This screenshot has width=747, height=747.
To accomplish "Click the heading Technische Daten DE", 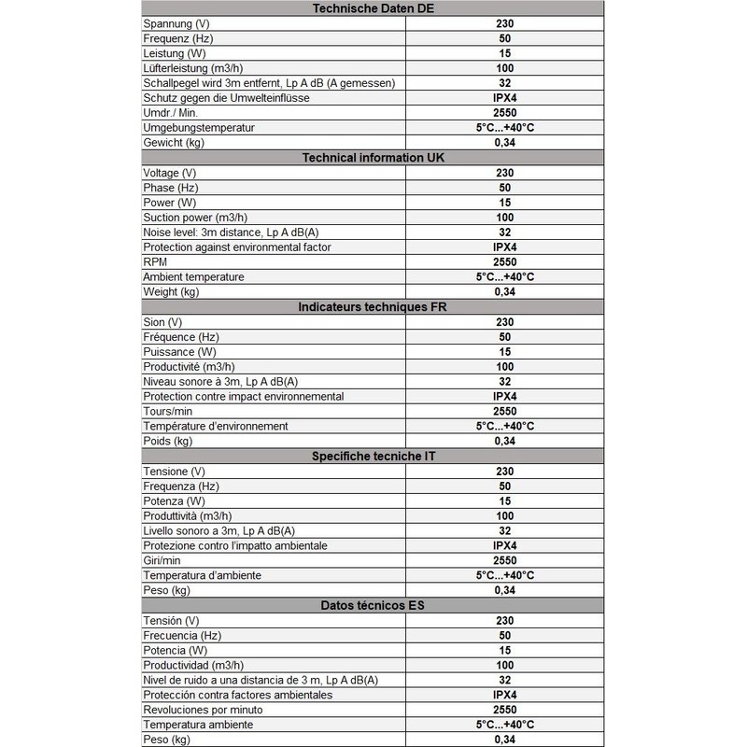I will click(373, 8).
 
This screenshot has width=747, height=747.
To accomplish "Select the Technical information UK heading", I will click(373, 158).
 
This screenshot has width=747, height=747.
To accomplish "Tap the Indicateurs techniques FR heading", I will click(373, 307).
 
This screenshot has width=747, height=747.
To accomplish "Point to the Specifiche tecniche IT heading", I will click(373, 456).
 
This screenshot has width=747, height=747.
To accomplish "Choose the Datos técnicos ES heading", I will click(373, 605).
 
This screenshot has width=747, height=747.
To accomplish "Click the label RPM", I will click(156, 262).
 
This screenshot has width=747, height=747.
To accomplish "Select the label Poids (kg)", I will click(167, 441).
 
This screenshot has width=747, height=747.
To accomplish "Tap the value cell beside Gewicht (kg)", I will click(504, 143).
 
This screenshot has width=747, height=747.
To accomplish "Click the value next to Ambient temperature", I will click(504, 277).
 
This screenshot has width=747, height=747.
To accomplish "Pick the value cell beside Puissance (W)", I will click(504, 352).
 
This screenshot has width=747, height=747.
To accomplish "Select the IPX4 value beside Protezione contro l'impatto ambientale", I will click(504, 545).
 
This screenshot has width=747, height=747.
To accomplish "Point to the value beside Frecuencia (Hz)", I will click(504, 635).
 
